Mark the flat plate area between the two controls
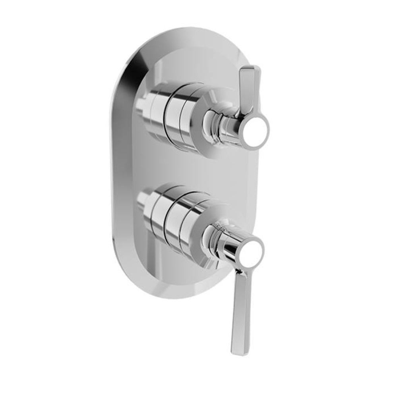191,171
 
